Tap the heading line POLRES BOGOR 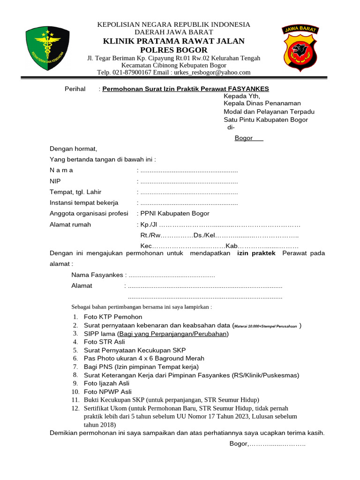[x=173, y=50]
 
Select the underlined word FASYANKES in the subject [x=248, y=89]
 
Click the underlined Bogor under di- [x=244, y=138]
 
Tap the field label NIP [x=55, y=181]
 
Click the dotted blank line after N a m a [x=189, y=170]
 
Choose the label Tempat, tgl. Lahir [x=75, y=192]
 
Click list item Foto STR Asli [x=105, y=342]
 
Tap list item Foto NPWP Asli [x=108, y=391]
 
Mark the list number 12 [x=75, y=408]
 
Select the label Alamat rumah [x=70, y=225]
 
